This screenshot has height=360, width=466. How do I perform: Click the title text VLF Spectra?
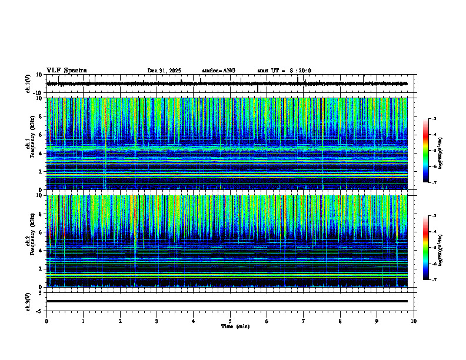point(66,71)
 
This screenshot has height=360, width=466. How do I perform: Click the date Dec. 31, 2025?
point(164,71)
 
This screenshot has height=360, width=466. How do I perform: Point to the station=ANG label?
point(218,71)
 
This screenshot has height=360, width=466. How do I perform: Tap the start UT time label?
point(284,71)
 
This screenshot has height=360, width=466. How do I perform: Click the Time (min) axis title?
point(235,326)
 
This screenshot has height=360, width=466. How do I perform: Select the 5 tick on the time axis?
point(230,321)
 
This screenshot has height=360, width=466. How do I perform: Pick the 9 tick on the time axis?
point(377,321)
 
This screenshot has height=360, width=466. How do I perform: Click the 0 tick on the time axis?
point(46,321)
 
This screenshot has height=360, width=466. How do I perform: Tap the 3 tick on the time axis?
point(157,321)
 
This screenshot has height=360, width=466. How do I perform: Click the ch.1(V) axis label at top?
point(28,84)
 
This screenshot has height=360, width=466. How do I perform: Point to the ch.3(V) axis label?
point(28,301)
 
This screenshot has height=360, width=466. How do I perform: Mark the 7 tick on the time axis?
point(304,321)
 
